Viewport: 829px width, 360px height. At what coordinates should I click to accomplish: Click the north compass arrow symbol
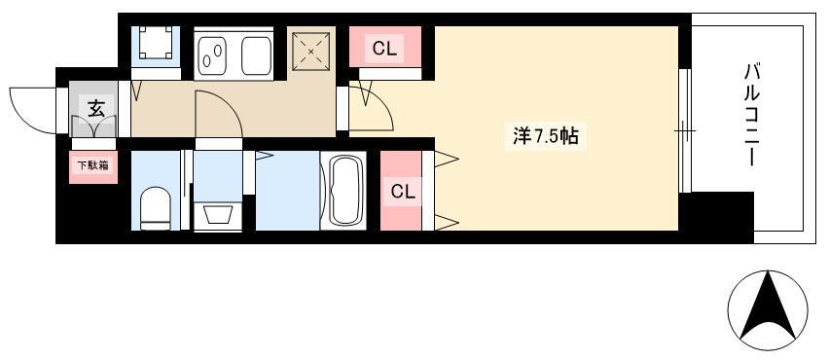point(768,307)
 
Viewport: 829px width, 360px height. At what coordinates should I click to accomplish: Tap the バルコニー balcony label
point(752,114)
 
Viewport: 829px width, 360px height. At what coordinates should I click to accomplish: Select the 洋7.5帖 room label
point(545,137)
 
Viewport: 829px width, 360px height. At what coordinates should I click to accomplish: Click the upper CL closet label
point(384,50)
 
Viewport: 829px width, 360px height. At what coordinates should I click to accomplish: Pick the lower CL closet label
point(403,192)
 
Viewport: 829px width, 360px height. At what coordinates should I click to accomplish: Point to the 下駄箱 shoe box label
point(93,165)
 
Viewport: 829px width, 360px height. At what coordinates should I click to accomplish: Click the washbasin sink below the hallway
point(217,216)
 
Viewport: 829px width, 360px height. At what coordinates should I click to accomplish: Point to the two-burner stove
point(212,55)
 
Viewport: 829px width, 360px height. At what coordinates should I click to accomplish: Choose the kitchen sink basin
point(257,55)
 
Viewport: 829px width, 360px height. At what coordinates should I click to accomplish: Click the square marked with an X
point(311,52)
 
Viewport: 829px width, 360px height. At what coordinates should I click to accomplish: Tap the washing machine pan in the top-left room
point(156,41)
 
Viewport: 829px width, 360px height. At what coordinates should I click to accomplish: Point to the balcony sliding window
point(685,130)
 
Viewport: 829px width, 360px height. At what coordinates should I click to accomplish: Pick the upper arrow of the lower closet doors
point(447,159)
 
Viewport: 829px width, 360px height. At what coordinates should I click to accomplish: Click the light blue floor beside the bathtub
point(288,191)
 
